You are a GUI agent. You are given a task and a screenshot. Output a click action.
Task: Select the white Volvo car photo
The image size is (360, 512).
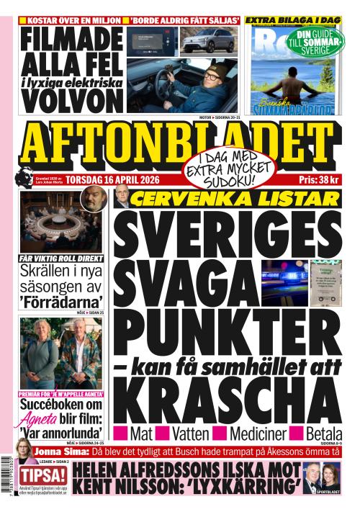(x=209, y=40)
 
